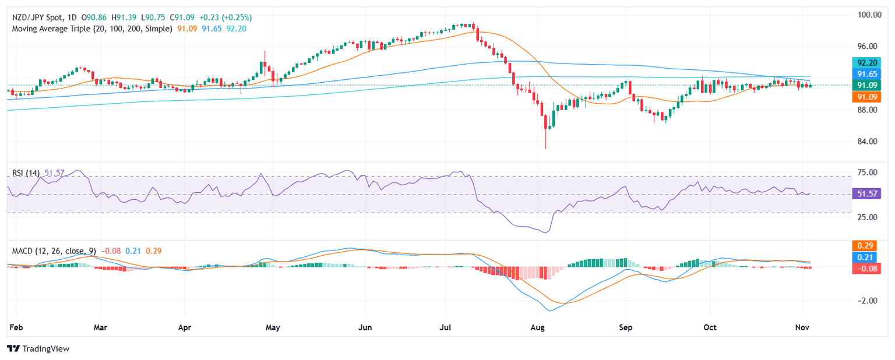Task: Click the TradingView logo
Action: tap(38, 348)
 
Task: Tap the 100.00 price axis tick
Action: tap(868, 15)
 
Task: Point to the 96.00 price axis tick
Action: tap(868, 46)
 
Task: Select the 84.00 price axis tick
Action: tap(868, 142)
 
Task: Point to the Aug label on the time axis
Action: tap(537, 327)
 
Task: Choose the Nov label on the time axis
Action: tap(802, 327)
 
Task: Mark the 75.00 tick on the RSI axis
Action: tap(868, 172)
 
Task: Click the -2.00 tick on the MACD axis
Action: tap(868, 301)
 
